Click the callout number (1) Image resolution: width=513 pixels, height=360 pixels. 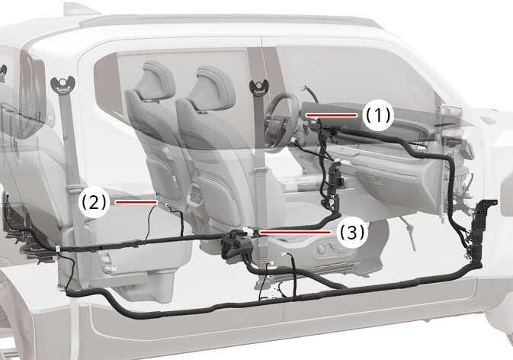(377, 115)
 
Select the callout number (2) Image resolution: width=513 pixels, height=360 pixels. (93, 202)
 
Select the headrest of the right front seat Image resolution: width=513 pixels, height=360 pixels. (213, 82)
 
